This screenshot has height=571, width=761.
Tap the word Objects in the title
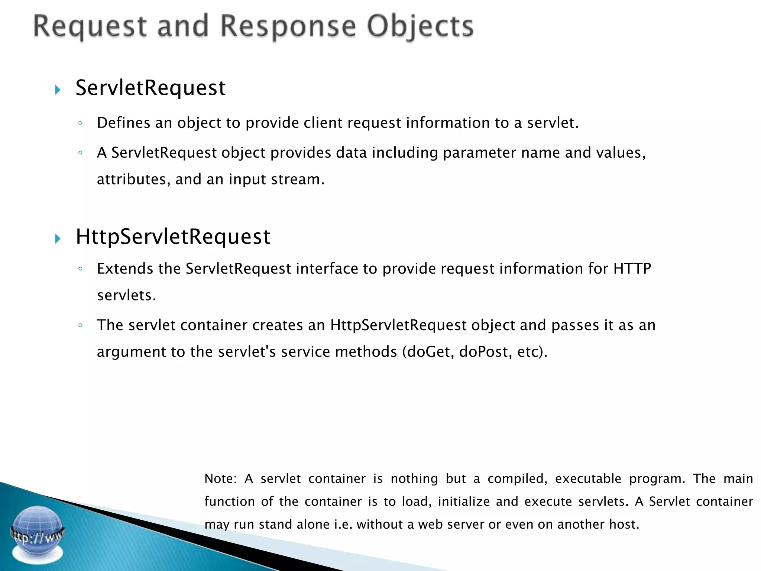pyautogui.click(x=420, y=27)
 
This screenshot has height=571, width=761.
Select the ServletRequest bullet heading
pyautogui.click(x=150, y=88)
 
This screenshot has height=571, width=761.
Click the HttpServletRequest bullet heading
pyautogui.click(x=173, y=236)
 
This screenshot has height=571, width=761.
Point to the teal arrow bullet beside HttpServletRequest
pyautogui.click(x=58, y=238)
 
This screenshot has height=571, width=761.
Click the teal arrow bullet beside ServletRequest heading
pyautogui.click(x=58, y=90)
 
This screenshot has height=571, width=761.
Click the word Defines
pyautogui.click(x=123, y=123)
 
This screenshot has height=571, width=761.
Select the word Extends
pyautogui.click(x=125, y=268)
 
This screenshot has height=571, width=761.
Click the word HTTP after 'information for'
pyautogui.click(x=632, y=268)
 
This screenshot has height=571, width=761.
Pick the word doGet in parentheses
pyautogui.click(x=430, y=352)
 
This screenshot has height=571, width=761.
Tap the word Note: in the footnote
pyautogui.click(x=220, y=478)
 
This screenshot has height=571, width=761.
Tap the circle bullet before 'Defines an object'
pyautogui.click(x=80, y=123)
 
